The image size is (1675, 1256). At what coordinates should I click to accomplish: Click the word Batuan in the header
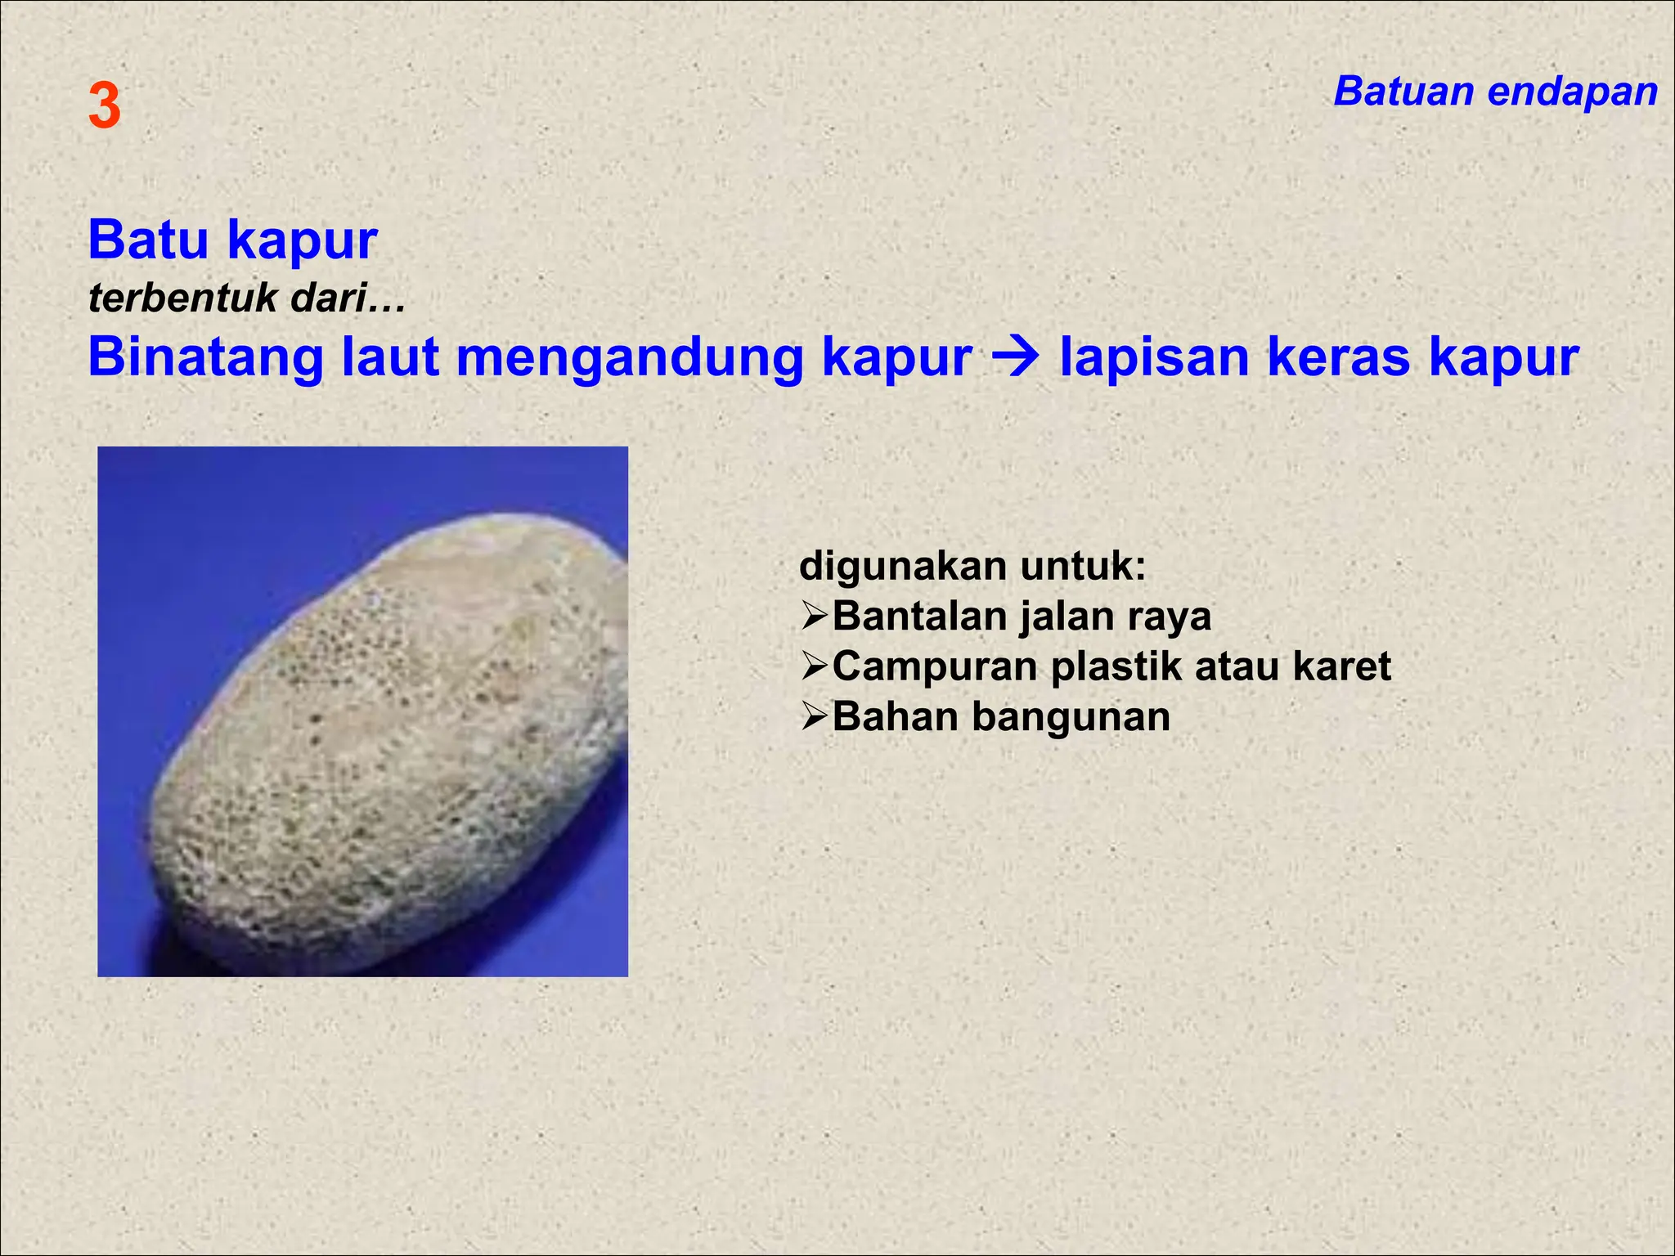(x=1402, y=91)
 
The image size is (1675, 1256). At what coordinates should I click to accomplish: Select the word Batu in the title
(x=148, y=240)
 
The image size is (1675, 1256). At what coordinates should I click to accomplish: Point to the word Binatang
(x=205, y=357)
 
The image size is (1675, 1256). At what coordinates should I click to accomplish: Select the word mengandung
(x=629, y=359)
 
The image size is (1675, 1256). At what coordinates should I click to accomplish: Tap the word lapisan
(x=1153, y=359)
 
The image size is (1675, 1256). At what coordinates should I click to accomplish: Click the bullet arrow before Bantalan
(x=815, y=617)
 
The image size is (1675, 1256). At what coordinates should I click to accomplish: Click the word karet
(x=1341, y=666)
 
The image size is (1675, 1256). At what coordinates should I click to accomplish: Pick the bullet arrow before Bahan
(x=815, y=717)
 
